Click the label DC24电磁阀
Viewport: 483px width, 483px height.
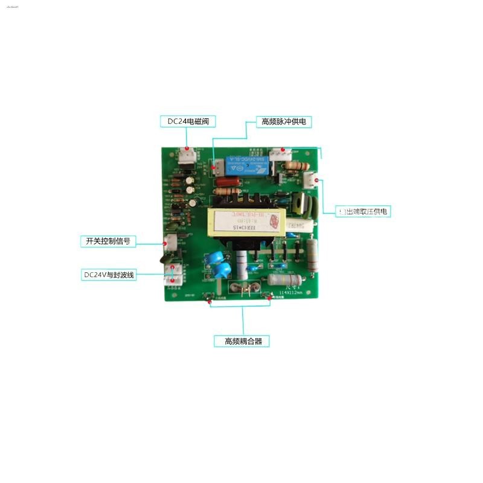(187, 121)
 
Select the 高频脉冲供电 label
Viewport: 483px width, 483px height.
(284, 121)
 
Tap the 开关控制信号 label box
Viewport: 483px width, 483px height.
(107, 241)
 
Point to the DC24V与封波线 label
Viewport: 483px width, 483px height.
(109, 275)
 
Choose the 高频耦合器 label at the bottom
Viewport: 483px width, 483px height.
(242, 341)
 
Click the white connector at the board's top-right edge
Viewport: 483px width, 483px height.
(280, 154)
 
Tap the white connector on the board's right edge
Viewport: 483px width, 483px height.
(310, 179)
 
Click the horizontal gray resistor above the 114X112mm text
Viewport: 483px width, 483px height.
(285, 280)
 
